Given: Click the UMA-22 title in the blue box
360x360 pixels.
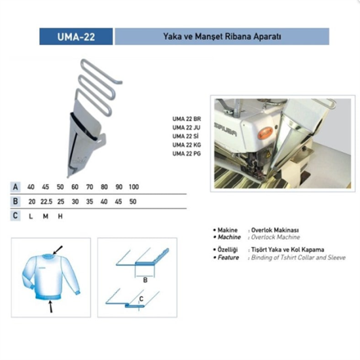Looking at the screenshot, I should click(76, 36).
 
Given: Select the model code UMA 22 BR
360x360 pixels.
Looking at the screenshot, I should click(187, 118).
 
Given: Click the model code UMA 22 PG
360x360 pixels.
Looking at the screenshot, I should click(187, 153).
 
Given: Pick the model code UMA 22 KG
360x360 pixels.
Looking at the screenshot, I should click(187, 144).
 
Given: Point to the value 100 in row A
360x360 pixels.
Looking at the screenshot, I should click(134, 187).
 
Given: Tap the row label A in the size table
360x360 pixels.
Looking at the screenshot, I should click(15, 187).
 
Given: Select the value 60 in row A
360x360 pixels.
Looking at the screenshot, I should click(75, 187).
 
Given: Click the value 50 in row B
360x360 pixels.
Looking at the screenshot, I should click(134, 202).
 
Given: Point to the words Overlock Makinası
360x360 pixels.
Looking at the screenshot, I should click(268, 231).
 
